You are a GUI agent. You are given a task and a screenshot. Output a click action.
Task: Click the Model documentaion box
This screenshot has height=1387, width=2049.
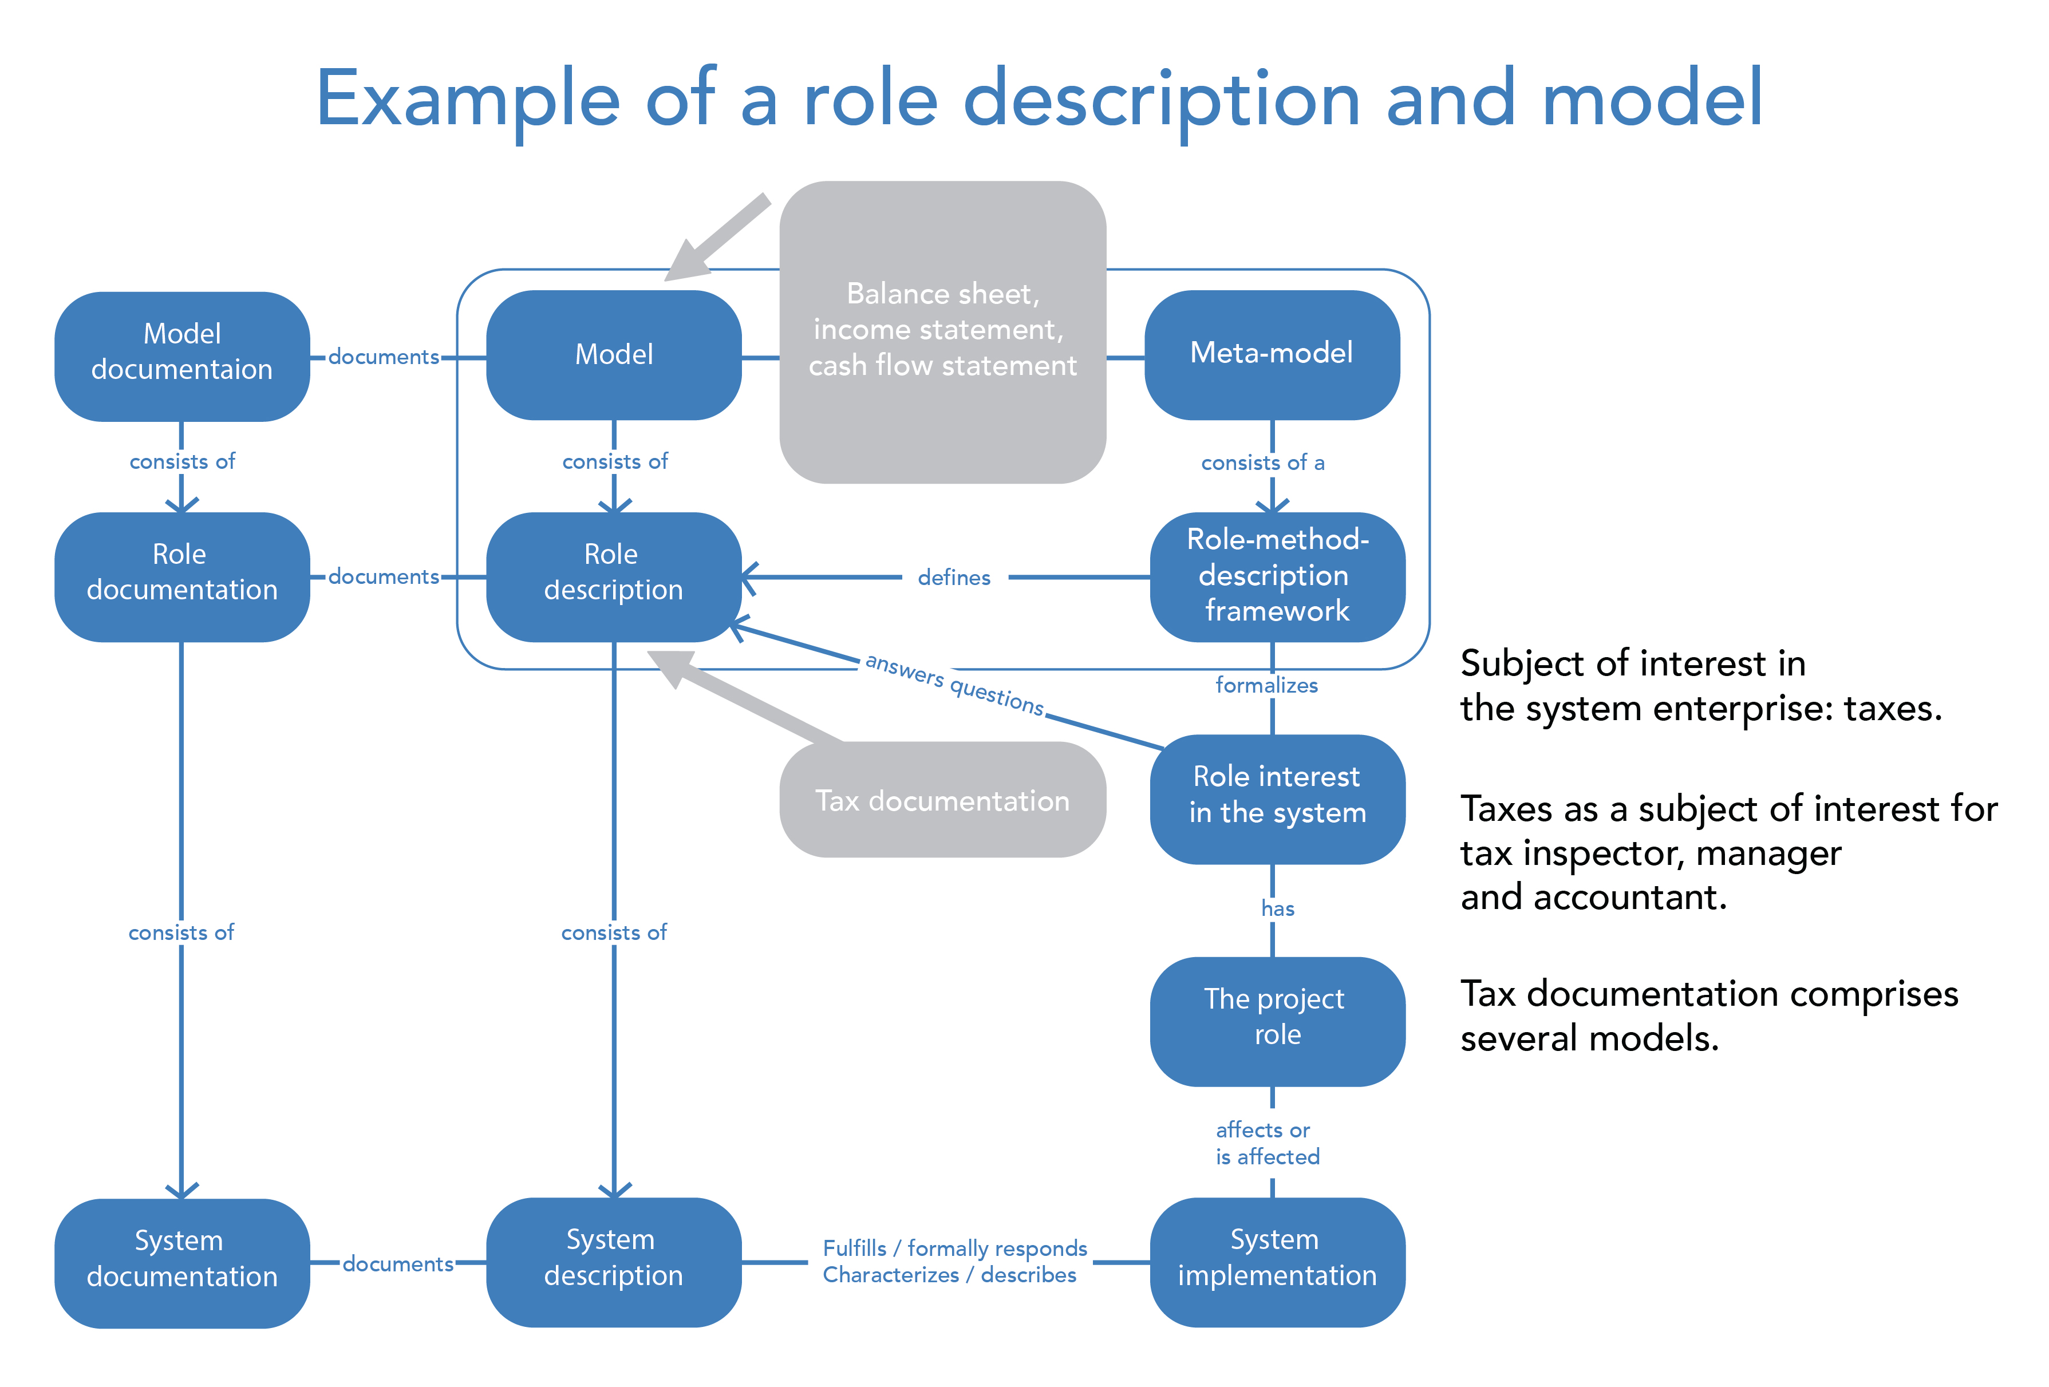point(181,355)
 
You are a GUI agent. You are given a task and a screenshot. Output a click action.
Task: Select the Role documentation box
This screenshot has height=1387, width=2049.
point(181,576)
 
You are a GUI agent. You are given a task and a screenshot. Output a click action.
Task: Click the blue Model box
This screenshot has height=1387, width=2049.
point(614,354)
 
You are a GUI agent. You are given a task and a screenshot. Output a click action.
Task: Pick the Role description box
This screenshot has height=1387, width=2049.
point(614,576)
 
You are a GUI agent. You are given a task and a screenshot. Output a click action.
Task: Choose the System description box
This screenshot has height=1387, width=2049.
point(614,1261)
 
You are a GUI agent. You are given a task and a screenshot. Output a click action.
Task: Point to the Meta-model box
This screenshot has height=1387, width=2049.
point(1272,354)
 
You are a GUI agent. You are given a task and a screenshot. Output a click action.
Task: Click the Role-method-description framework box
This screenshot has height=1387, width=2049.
point(1277,576)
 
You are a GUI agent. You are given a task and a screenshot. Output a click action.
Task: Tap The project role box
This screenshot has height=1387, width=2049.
point(1277,1020)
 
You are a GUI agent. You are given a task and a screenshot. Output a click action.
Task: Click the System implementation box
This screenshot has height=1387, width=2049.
point(1277,1261)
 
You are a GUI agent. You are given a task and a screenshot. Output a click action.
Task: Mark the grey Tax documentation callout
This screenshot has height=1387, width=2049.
point(942,800)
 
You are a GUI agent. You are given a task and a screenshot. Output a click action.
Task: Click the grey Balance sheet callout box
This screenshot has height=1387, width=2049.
point(942,331)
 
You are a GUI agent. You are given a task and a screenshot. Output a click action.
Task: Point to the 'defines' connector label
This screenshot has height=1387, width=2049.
point(954,578)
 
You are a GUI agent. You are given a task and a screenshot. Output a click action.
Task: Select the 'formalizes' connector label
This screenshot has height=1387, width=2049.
point(1266,685)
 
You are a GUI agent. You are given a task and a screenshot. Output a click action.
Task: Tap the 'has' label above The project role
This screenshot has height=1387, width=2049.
point(1277,908)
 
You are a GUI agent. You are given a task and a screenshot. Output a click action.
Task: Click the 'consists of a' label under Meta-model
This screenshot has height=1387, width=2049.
point(1262,463)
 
